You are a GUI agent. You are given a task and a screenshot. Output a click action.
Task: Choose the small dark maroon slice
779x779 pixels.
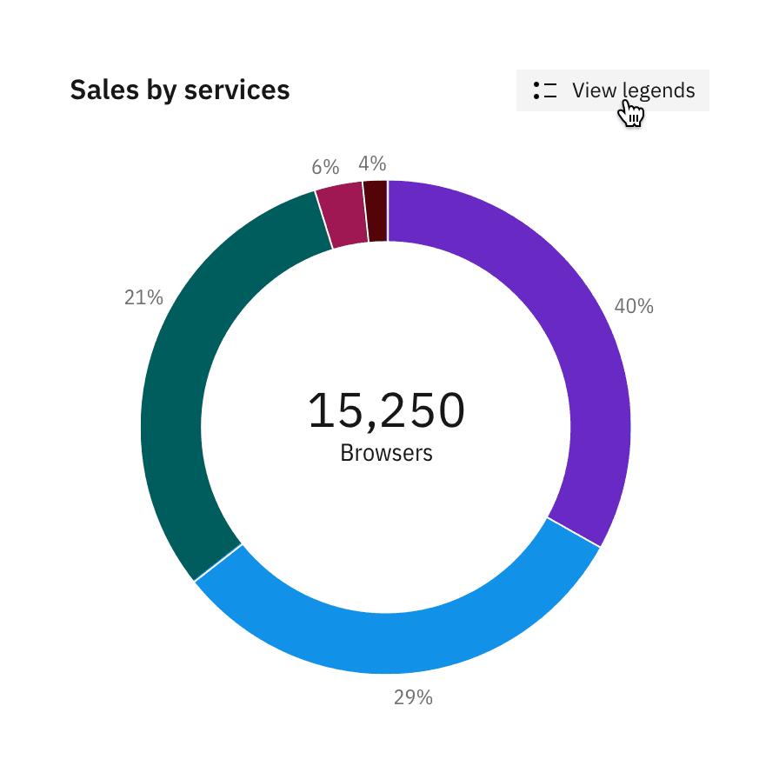(x=376, y=211)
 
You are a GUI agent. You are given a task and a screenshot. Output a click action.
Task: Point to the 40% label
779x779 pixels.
(x=634, y=306)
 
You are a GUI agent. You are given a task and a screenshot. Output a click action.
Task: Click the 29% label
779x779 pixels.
(x=413, y=697)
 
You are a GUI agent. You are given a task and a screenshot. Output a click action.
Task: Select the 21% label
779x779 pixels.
(x=143, y=298)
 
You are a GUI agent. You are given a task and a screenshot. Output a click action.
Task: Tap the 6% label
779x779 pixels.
(x=325, y=167)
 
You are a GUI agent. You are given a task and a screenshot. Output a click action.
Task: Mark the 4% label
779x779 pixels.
(x=372, y=163)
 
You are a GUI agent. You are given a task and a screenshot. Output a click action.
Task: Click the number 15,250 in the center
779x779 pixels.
(x=386, y=410)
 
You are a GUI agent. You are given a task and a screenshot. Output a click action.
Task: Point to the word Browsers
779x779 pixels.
(x=386, y=453)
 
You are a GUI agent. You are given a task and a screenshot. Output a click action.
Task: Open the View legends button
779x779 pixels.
(x=612, y=90)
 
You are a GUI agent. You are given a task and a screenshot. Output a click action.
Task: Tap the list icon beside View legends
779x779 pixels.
(x=545, y=90)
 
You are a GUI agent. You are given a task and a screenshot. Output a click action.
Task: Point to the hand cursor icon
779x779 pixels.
(x=631, y=114)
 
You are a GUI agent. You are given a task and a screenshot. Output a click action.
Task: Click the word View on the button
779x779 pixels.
(x=594, y=90)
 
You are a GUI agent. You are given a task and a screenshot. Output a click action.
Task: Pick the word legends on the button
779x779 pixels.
(x=658, y=90)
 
